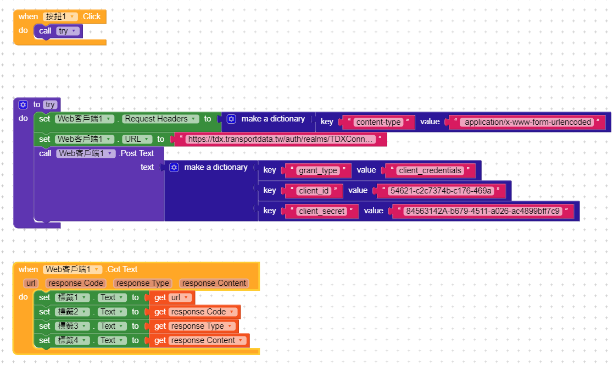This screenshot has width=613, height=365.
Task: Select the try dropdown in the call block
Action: point(66,31)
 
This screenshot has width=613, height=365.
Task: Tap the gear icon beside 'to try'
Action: point(23,104)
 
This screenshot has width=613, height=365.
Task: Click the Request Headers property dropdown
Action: point(160,119)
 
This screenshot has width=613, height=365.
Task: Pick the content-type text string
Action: point(378,122)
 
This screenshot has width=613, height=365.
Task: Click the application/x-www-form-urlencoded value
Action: point(527,122)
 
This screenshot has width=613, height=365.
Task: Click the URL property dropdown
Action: point(136,139)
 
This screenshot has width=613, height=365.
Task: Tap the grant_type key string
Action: point(318,170)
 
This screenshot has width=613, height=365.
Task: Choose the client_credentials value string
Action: point(429,170)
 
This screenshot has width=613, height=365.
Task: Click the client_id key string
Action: point(314,191)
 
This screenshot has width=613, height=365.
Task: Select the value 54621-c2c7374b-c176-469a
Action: point(439,191)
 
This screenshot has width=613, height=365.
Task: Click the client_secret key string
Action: point(322,211)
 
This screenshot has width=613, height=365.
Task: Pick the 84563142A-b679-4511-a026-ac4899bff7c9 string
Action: point(483,211)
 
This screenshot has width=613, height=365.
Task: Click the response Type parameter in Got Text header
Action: point(142,283)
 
